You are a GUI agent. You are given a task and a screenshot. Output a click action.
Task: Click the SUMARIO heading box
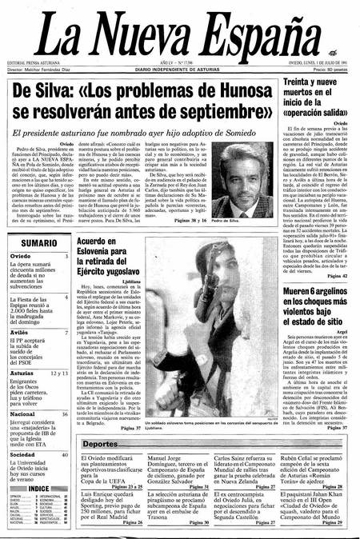pos(38,242)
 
